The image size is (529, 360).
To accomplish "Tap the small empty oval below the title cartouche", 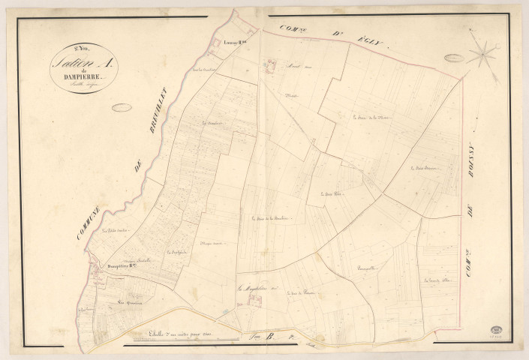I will coord(122,107).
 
